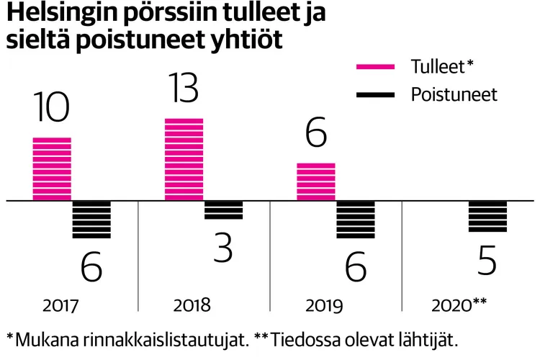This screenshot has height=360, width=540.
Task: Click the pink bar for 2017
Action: point(52,168)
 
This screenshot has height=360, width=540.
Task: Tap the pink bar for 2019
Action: point(316,181)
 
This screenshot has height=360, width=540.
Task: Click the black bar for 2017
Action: point(91,219)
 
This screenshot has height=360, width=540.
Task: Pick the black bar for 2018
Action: point(223,210)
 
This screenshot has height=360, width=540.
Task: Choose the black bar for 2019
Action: point(356,219)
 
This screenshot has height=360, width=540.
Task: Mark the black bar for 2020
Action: point(487,216)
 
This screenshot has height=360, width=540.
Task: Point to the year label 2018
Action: point(192,305)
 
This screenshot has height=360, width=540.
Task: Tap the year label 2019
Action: point(325,305)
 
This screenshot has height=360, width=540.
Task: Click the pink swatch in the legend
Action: point(376,67)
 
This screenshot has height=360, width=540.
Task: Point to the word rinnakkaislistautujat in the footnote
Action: point(171,338)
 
